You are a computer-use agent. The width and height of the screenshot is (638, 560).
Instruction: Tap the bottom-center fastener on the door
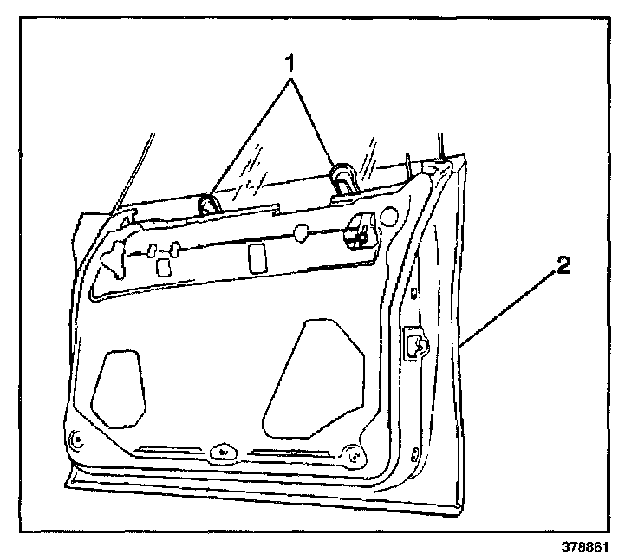pos(222,452)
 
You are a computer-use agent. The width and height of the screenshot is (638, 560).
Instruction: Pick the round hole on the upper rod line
pos(301,233)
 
